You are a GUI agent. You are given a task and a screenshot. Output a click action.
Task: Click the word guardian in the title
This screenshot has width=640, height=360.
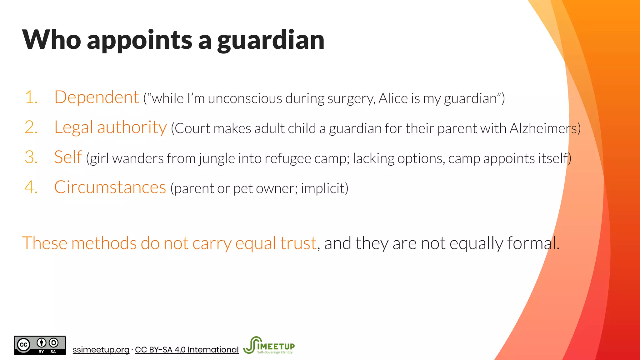click(x=271, y=40)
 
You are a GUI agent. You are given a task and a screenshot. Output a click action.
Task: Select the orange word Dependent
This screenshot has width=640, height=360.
click(x=96, y=97)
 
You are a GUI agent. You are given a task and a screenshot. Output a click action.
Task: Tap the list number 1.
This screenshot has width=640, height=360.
click(x=31, y=97)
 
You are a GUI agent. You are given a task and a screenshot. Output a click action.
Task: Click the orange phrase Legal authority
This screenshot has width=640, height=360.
click(x=110, y=127)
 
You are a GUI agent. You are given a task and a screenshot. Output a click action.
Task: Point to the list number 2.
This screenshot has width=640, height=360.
click(x=31, y=127)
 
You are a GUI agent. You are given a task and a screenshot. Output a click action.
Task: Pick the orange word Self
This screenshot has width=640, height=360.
click(x=68, y=157)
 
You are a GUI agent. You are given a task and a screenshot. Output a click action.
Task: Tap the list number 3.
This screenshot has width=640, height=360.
click(x=31, y=157)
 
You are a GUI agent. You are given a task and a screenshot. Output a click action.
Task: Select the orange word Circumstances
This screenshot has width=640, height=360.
click(x=110, y=187)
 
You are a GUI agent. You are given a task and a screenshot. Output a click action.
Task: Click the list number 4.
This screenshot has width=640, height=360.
click(x=31, y=187)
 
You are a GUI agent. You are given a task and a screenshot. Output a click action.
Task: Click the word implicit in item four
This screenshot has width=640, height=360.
click(x=322, y=188)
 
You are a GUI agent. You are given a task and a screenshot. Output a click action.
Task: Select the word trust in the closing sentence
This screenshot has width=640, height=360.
click(x=298, y=243)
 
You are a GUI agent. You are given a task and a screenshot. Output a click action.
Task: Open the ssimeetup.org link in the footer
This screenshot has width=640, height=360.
click(x=101, y=350)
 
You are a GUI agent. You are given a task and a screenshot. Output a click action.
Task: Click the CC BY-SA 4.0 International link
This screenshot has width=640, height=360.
click(x=187, y=350)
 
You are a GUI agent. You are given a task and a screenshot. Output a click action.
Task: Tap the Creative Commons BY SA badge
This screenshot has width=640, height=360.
click(x=40, y=345)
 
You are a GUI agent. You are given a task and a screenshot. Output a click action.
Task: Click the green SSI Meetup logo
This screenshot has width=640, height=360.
click(x=269, y=345)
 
